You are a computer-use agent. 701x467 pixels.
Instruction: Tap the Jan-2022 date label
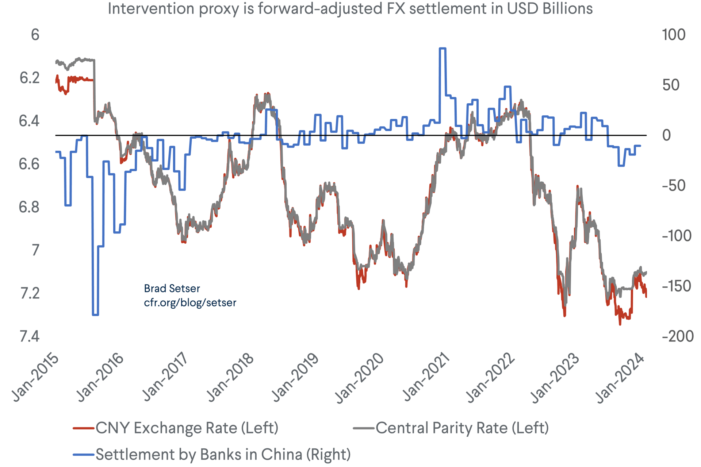click(490, 378)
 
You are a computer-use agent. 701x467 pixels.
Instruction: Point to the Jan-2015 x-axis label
click(35, 378)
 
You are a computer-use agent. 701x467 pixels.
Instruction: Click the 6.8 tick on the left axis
click(29, 207)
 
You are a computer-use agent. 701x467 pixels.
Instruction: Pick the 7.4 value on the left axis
click(29, 336)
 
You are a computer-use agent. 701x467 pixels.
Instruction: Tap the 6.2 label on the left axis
click(29, 78)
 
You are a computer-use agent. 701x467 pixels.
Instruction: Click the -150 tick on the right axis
click(677, 286)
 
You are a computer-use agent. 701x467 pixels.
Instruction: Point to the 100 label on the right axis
click(674, 35)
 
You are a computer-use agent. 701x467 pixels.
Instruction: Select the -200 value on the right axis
click(678, 336)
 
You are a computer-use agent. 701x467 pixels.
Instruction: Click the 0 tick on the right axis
click(666, 135)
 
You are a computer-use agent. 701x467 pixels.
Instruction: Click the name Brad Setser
click(172, 289)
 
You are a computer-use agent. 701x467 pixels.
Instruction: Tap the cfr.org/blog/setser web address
click(190, 303)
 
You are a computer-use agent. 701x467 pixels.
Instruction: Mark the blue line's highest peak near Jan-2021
click(442, 48)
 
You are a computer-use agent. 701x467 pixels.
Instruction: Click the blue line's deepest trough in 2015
click(95, 314)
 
